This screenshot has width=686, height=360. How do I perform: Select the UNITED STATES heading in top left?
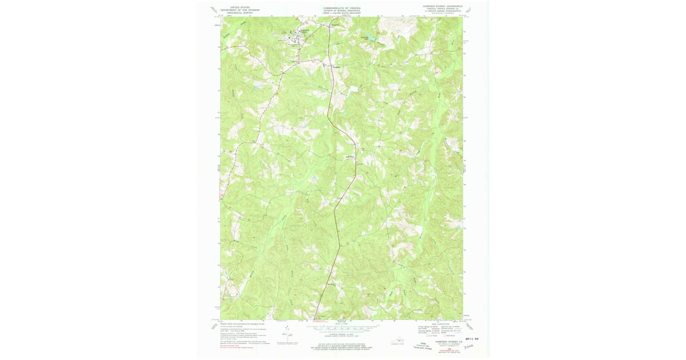(240, 7)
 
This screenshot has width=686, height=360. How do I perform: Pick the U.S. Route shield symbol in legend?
(421, 338)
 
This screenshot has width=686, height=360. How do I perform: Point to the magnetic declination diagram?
(286, 334)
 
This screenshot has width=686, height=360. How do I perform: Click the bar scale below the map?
(343, 329)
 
